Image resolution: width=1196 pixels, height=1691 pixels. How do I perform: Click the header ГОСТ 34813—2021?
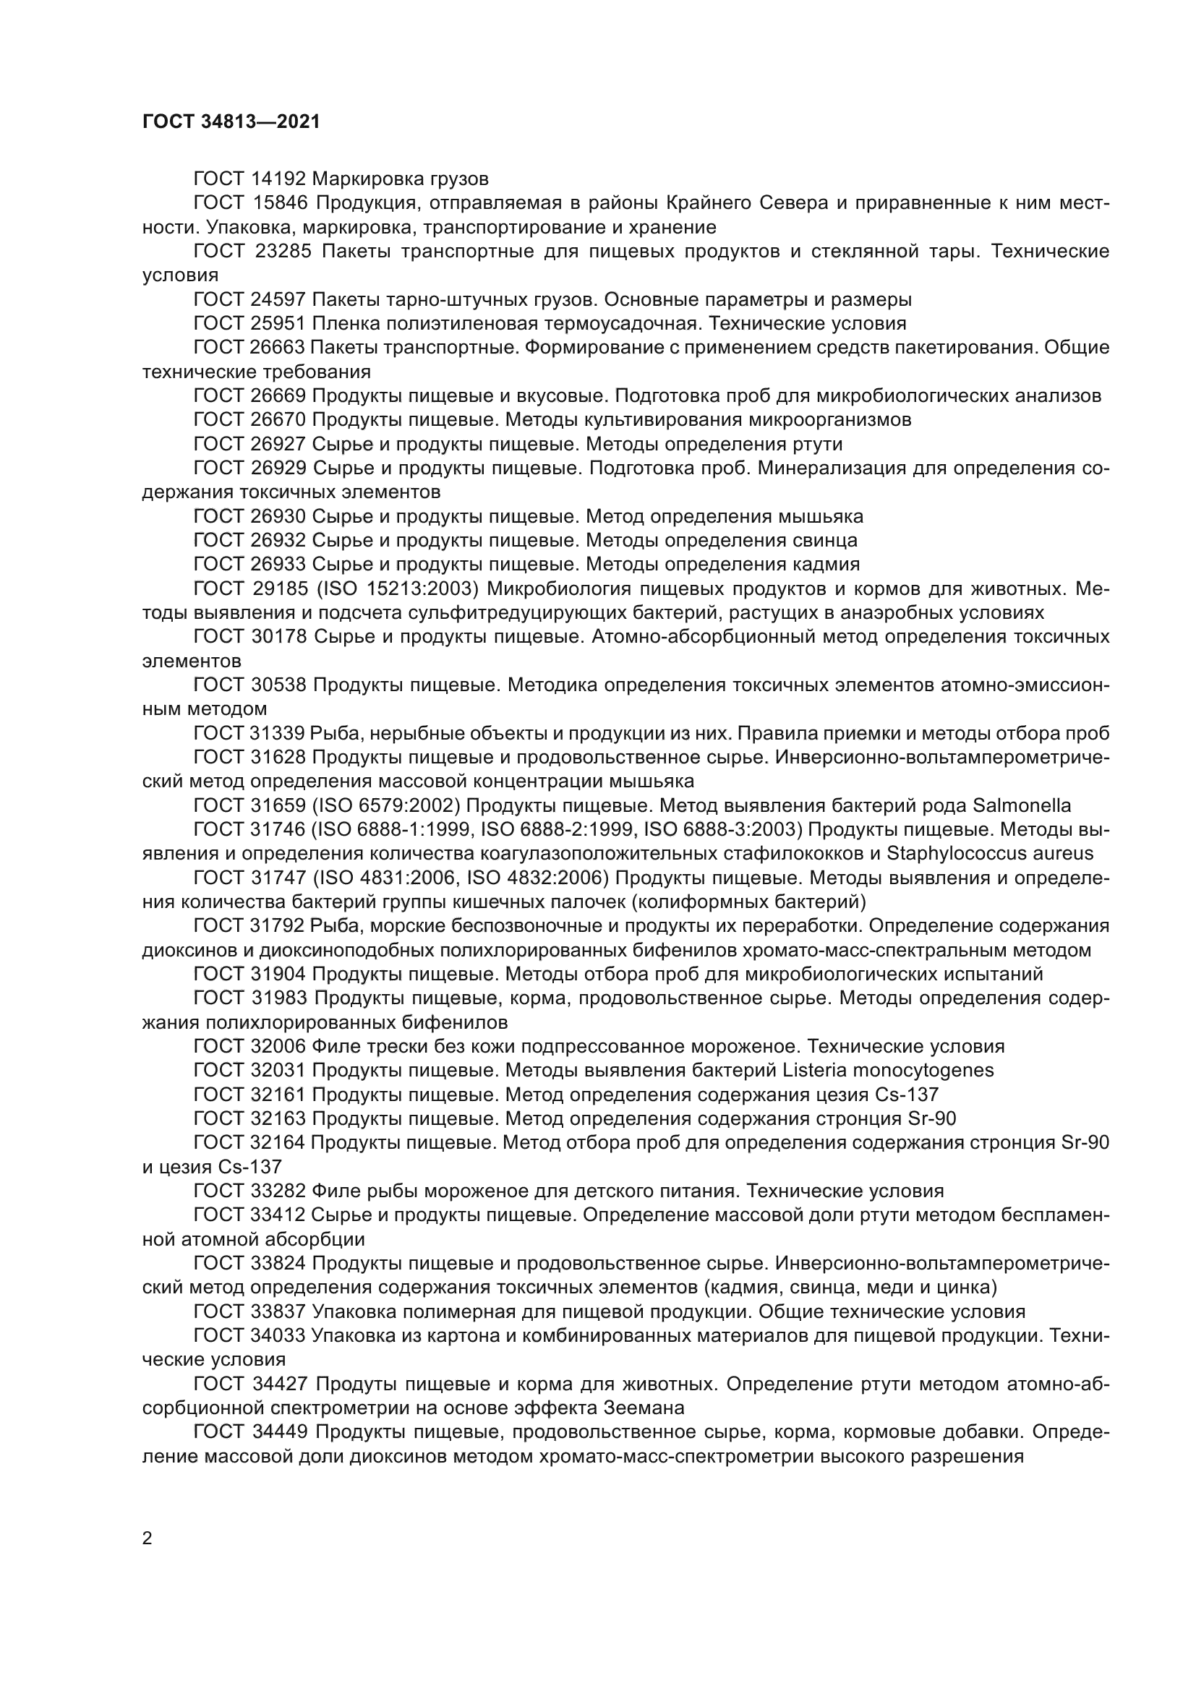[x=231, y=122]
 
